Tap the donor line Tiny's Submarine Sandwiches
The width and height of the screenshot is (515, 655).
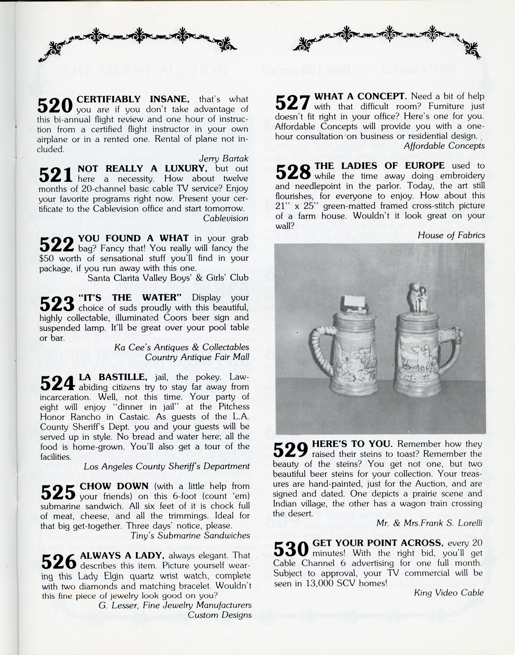pos(190,535)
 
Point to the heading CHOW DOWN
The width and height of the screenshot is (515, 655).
pos(114,486)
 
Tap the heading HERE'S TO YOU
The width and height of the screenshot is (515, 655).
pos(352,444)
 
